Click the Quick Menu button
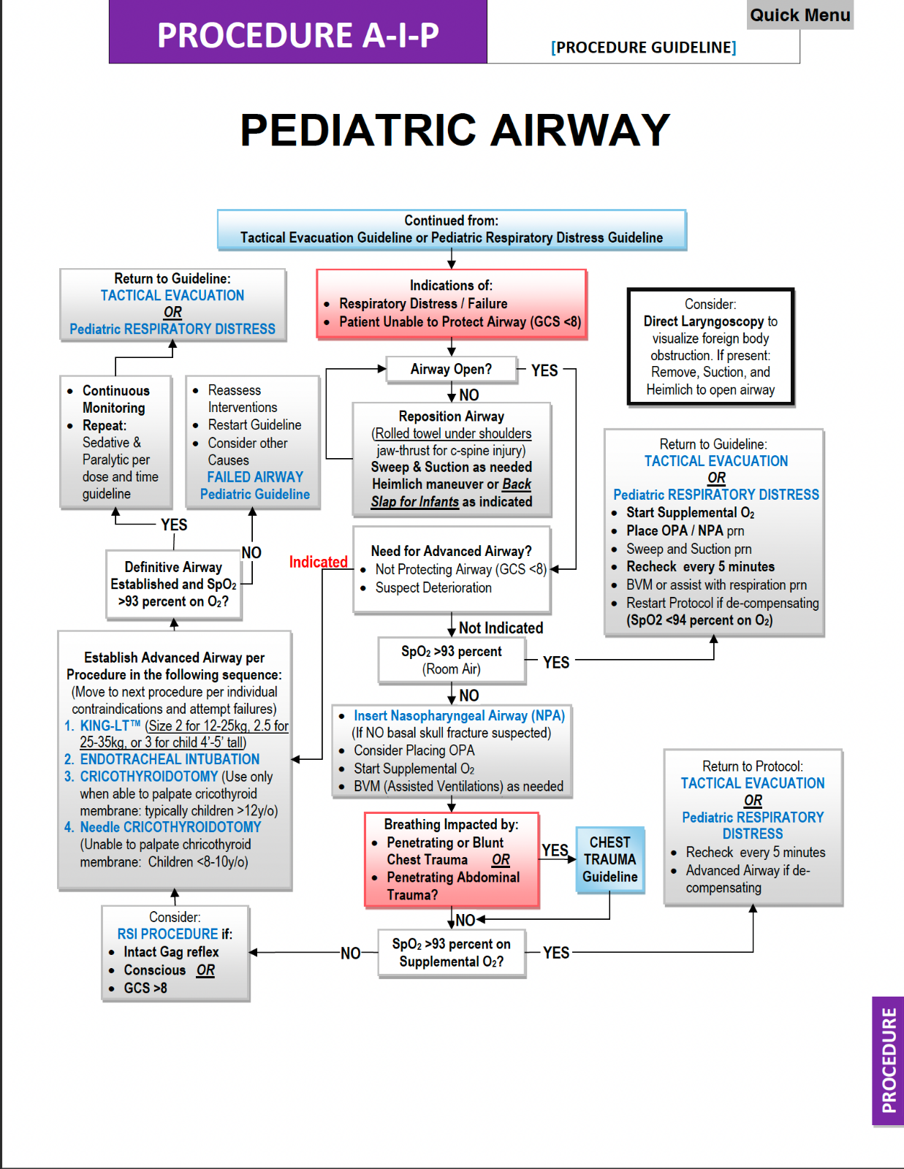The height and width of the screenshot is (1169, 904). click(x=799, y=15)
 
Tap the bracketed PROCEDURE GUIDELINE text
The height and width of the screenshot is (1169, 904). click(x=643, y=47)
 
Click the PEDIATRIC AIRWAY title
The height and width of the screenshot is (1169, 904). click(x=455, y=130)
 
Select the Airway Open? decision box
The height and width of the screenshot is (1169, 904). click(x=451, y=370)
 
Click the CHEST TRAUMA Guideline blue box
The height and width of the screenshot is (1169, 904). click(x=609, y=860)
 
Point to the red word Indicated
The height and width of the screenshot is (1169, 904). click(x=318, y=562)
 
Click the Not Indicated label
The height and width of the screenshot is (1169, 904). click(x=501, y=628)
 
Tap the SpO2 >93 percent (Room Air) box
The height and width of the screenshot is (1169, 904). click(x=451, y=660)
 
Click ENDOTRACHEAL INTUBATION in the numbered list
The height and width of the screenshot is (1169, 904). click(x=170, y=759)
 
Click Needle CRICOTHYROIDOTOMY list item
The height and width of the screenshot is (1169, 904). click(x=170, y=827)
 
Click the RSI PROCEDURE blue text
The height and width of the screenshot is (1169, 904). click(x=167, y=934)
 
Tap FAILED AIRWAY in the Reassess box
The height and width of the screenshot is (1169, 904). click(x=254, y=477)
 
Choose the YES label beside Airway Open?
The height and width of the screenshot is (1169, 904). click(x=544, y=370)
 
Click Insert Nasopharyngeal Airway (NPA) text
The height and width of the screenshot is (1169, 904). click(x=459, y=716)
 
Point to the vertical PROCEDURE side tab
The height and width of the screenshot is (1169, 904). click(x=888, y=1060)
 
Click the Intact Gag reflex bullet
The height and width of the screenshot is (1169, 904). click(x=171, y=952)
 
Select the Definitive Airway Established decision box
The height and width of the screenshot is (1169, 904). click(x=173, y=584)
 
